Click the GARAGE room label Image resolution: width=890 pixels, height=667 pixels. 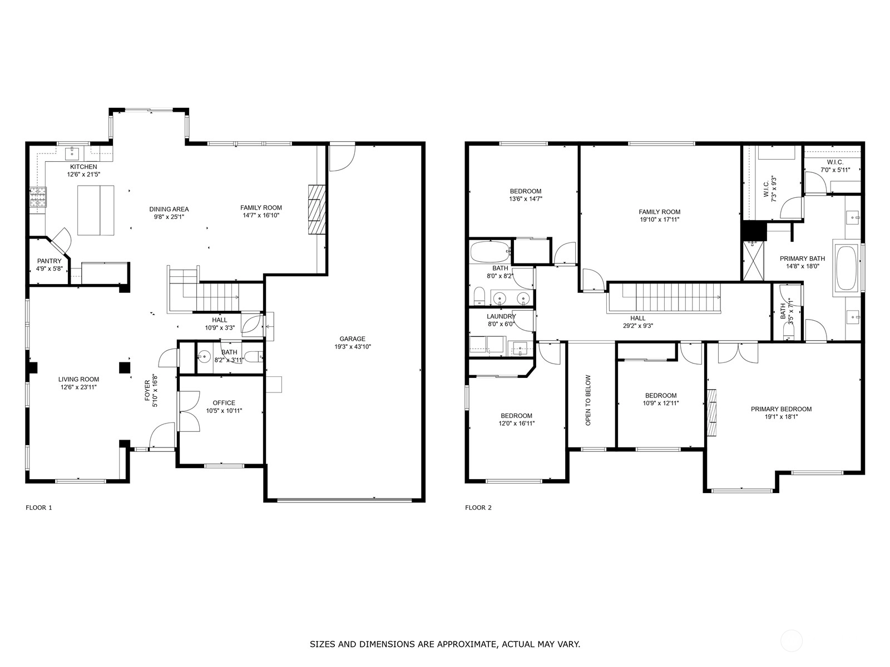(352, 339)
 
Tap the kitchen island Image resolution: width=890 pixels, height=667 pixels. (96, 210)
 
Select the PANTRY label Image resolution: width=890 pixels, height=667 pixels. (50, 261)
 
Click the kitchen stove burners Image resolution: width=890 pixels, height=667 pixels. (38, 197)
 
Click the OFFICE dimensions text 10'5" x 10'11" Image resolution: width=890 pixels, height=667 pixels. (224, 411)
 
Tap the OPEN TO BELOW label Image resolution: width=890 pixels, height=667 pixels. (589, 400)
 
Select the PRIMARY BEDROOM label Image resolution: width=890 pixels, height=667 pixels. (782, 409)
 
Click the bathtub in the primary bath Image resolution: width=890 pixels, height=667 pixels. (846, 268)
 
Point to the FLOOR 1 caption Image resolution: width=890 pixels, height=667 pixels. (39, 507)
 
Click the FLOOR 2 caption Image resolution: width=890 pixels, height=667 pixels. (478, 507)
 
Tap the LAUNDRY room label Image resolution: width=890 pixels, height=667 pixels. (502, 316)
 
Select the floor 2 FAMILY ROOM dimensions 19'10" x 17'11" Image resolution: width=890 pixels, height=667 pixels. (660, 220)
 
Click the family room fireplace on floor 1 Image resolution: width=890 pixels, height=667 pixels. (317, 210)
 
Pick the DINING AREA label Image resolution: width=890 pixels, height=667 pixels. (169, 210)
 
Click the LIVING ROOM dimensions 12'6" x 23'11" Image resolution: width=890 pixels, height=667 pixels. (78, 387)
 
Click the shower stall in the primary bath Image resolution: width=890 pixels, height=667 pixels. (753, 260)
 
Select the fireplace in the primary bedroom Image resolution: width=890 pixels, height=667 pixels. (711, 412)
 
